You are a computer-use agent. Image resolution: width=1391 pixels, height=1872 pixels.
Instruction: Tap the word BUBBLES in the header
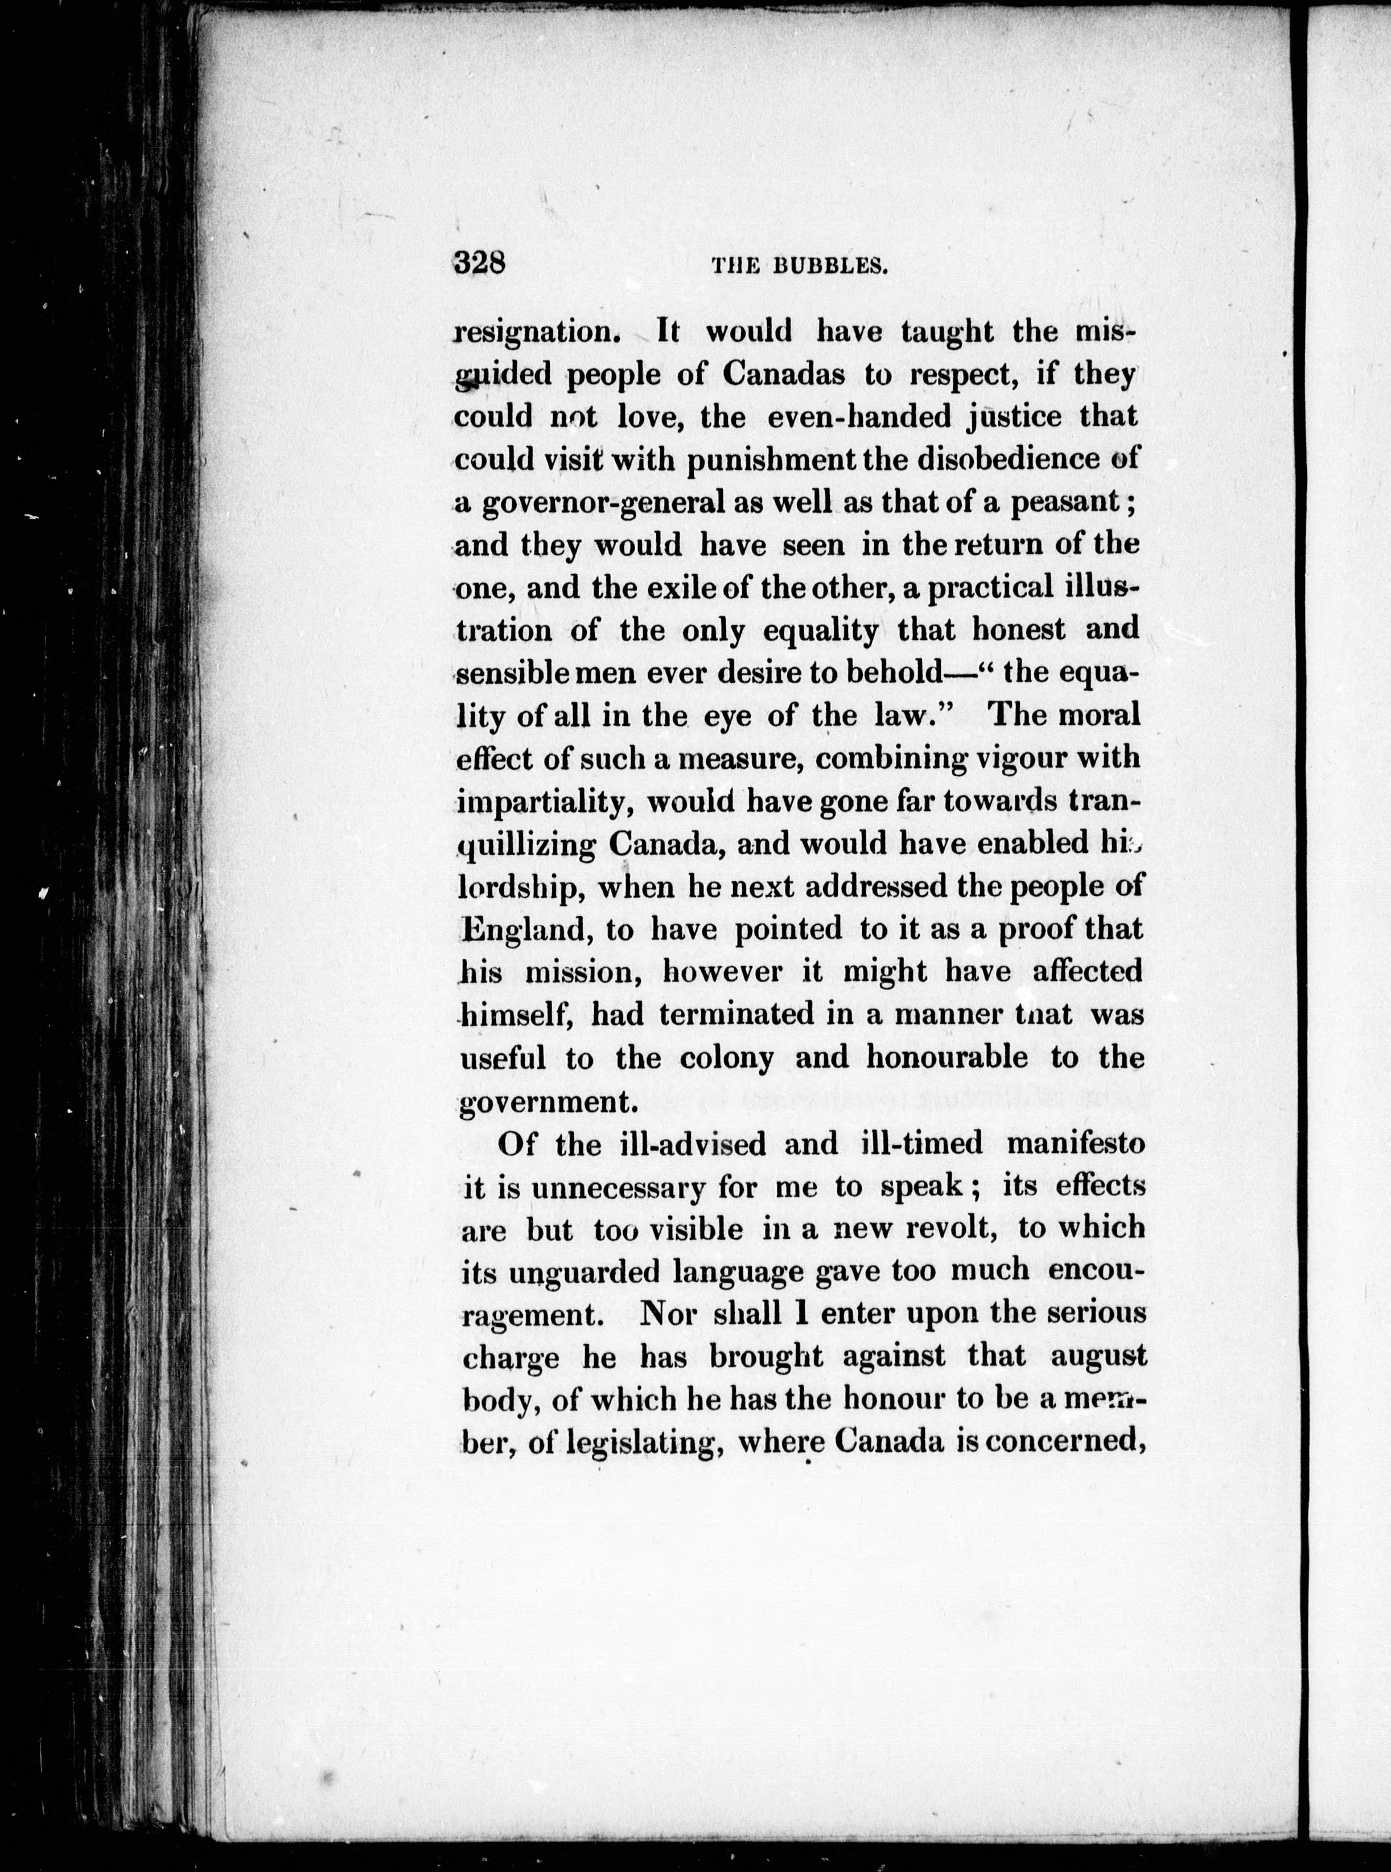[832, 267]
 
